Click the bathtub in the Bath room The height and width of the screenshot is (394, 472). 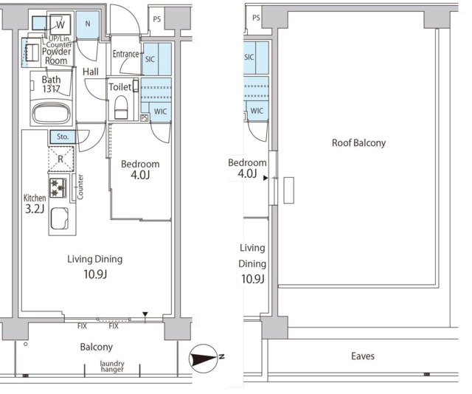coord(52,113)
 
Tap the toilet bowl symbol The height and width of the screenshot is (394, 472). coord(121,107)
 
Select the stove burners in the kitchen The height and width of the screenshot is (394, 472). coord(58,187)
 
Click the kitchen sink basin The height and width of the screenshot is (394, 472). coord(59,218)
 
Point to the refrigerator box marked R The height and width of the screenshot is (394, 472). coord(60,159)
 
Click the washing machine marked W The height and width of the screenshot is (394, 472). coord(60,24)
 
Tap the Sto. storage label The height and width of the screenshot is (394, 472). coord(63,136)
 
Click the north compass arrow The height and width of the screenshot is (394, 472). coord(204,359)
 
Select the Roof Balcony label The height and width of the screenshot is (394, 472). coord(358,143)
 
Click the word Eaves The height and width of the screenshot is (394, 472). coord(363,356)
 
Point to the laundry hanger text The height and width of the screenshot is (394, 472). coord(112,366)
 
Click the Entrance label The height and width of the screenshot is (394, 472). coord(126,54)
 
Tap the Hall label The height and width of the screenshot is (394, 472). coord(91,72)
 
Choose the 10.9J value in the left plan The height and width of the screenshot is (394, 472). coord(95,274)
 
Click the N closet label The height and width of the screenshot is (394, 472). coord(88,24)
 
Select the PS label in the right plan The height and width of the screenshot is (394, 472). coord(256,18)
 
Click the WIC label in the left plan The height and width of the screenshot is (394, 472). coord(160,111)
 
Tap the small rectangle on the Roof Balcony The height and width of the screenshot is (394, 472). coord(288,190)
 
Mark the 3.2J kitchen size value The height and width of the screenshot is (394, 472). coord(35,209)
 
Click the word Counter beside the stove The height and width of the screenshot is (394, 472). coord(80,187)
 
